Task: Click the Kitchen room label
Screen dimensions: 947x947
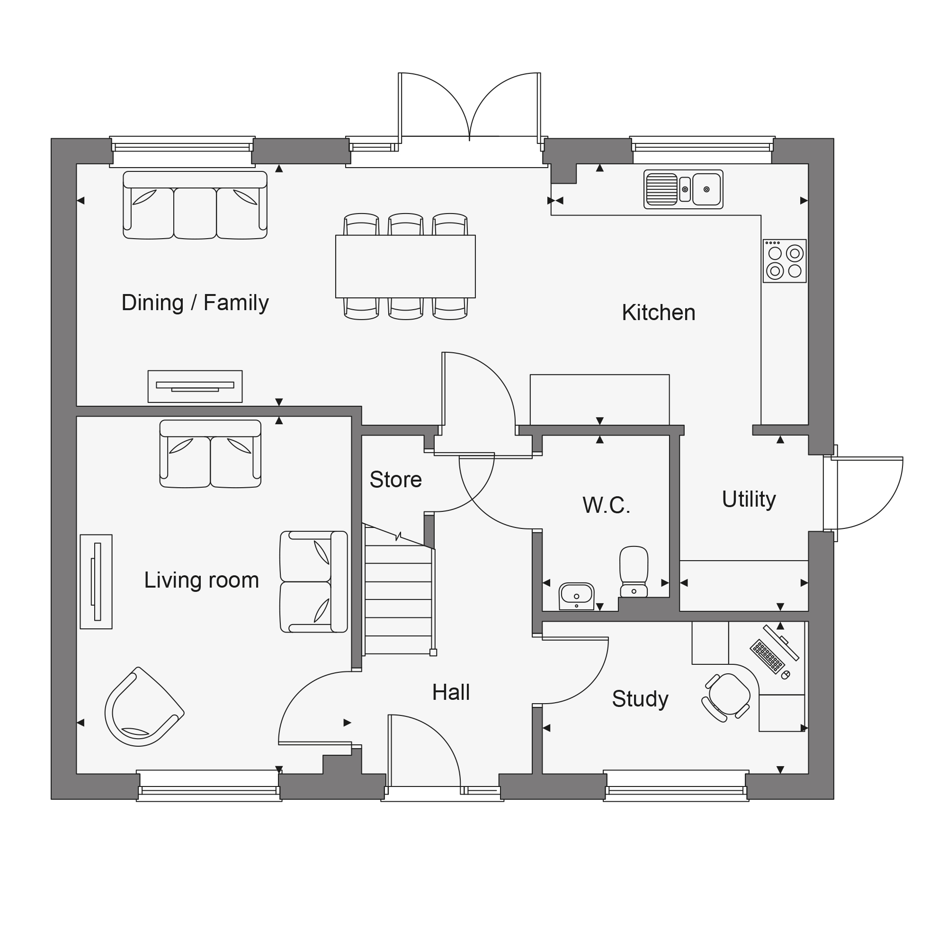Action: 658,313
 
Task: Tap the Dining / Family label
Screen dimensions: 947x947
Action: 195,303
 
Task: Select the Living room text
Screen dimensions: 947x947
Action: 201,581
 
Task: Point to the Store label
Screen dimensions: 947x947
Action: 395,480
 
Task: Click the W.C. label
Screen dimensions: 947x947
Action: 607,505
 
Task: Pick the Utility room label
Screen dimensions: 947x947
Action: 749,500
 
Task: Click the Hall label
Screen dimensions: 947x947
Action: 451,693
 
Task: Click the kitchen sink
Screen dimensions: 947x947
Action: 683,189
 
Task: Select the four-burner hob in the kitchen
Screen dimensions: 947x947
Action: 785,261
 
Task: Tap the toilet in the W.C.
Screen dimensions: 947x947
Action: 634,572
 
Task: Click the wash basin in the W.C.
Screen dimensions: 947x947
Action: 576,596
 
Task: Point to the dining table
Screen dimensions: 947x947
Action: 405,267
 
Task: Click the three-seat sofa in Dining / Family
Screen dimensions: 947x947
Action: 195,205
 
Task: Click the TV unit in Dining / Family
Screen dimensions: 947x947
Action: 195,387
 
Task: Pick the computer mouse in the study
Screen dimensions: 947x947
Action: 785,675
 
